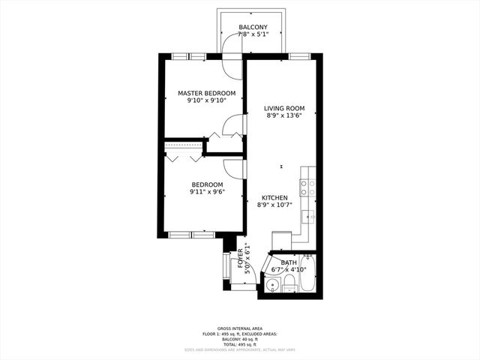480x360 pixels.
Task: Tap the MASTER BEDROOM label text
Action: click(206, 94)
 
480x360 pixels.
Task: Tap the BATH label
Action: click(289, 262)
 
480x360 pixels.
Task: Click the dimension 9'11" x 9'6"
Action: click(207, 192)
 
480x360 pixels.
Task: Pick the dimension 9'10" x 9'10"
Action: click(206, 101)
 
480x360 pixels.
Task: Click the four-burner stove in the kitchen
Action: click(307, 187)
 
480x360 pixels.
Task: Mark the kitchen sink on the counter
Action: click(308, 217)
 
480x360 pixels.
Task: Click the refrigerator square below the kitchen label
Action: click(281, 241)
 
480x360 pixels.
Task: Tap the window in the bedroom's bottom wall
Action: click(191, 235)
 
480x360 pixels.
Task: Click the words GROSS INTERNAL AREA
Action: click(239, 328)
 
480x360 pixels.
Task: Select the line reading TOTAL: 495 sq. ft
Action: click(239, 343)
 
